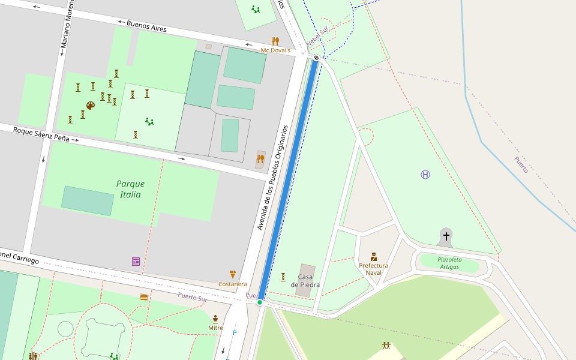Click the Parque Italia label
point(130,189)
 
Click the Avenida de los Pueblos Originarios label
point(273,178)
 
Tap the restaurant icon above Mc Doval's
point(275,41)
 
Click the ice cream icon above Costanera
point(233,274)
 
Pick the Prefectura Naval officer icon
point(374,257)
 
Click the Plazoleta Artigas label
point(449,263)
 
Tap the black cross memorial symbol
point(446,236)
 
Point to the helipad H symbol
point(425,175)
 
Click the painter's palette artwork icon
point(91,106)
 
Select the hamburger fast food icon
point(144,297)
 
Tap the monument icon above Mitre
point(215,319)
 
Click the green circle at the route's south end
point(260,302)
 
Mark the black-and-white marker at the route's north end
point(316,58)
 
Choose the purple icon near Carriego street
point(136,262)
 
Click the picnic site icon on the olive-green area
point(386,346)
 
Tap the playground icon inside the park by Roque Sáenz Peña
point(149,122)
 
